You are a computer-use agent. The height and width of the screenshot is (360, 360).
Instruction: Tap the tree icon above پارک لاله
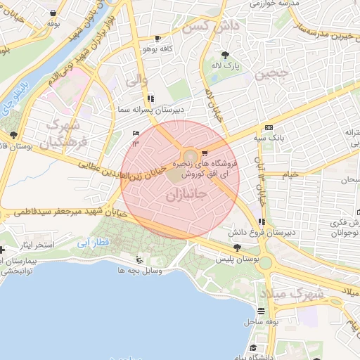225,55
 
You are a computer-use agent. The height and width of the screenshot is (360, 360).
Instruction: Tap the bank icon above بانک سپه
269,127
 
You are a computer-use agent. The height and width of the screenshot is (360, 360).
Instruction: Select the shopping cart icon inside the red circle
205,152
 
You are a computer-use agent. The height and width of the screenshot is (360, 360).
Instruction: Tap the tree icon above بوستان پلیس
237,247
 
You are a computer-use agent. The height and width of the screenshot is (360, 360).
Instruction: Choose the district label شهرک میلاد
292,292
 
